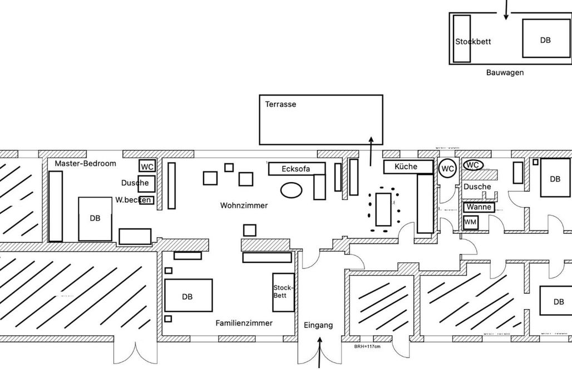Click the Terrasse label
tap(280, 105)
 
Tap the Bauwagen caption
tap(505, 72)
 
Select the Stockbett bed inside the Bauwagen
tap(462, 39)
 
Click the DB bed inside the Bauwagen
tap(546, 38)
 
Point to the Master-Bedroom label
tap(85, 164)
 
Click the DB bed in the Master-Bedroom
tap(95, 218)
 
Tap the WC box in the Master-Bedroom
tap(147, 166)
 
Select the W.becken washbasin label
tap(134, 199)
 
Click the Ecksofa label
tap(295, 169)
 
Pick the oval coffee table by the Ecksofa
tap(291, 190)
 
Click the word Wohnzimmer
tap(244, 205)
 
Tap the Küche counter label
tap(406, 167)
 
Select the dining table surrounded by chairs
tap(383, 209)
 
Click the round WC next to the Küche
tap(448, 169)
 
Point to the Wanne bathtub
tap(479, 207)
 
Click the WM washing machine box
tap(470, 222)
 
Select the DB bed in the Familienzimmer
tap(188, 296)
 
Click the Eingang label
tap(318, 325)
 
